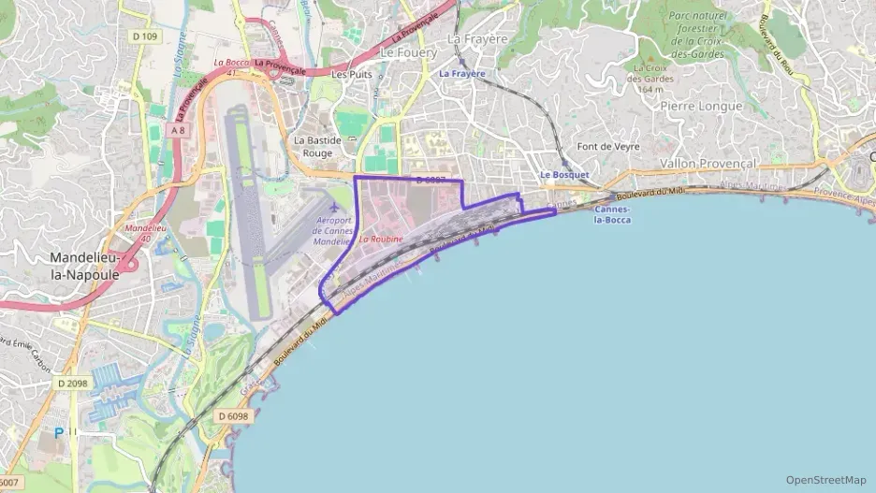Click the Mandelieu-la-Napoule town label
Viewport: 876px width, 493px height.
[84, 265]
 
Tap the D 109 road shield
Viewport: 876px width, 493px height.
[145, 36]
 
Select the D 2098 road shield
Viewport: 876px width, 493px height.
[73, 383]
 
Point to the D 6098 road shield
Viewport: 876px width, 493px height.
[234, 415]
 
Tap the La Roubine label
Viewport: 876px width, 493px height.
[381, 239]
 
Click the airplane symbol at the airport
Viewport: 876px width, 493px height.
[335, 206]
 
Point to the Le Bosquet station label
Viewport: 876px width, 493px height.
[564, 175]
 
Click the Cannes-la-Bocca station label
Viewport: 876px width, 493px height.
[612, 214]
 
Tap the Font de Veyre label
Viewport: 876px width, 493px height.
[607, 147]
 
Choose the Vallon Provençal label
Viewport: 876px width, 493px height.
[707, 163]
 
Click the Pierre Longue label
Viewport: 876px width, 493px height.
[701, 106]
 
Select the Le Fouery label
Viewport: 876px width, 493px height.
[408, 52]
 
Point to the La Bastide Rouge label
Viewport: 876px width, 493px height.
[314, 146]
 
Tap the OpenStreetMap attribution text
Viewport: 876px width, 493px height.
[826, 480]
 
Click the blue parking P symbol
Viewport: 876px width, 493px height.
[59, 433]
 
